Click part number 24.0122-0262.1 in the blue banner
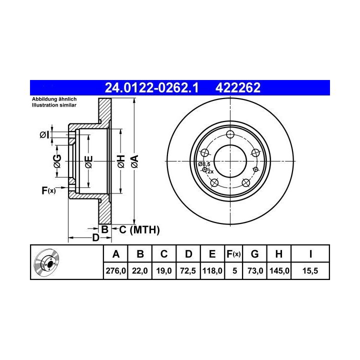[x=151, y=87]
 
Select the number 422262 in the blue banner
[x=238, y=87]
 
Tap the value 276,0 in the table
[x=115, y=271]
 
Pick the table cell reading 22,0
[x=140, y=271]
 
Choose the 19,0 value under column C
[x=164, y=271]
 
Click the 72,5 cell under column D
[x=188, y=271]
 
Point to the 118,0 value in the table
[x=212, y=271]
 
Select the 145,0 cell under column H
[x=279, y=271]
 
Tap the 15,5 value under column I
[x=310, y=271]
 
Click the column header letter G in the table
[x=255, y=254]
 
